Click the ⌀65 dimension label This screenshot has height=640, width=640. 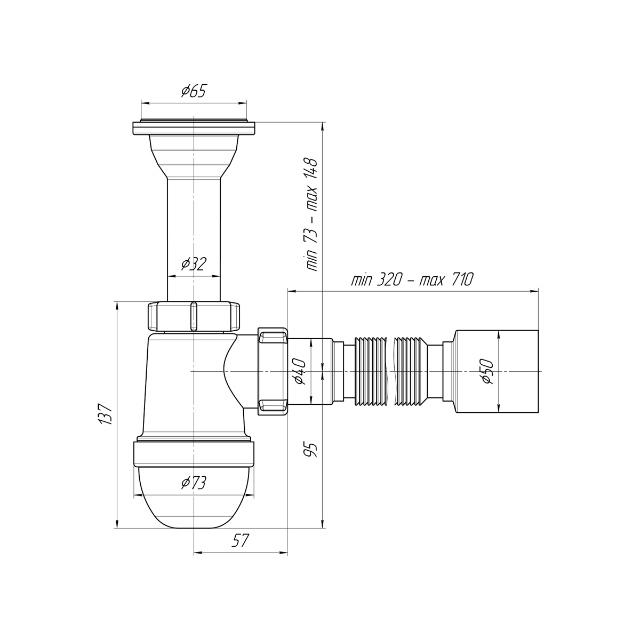coord(194,91)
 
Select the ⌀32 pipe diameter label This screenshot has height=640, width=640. coord(194,263)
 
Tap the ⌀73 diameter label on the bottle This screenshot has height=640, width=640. coord(194,483)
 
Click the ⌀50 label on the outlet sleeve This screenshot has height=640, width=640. coord(487,371)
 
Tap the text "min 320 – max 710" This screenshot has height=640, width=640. coord(412,279)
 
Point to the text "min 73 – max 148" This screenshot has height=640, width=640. coord(312,215)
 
